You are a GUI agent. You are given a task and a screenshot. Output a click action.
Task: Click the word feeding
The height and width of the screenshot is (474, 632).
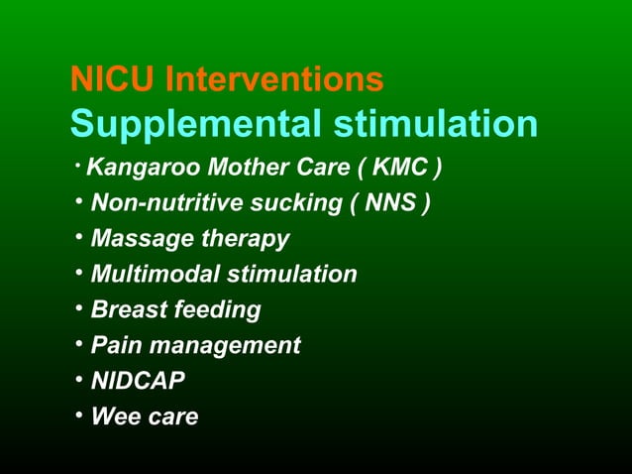tap(217, 310)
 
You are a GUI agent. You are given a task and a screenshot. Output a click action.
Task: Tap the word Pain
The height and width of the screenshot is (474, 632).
tap(116, 346)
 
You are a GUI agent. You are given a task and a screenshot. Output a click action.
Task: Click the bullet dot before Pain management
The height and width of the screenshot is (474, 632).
tap(77, 345)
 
